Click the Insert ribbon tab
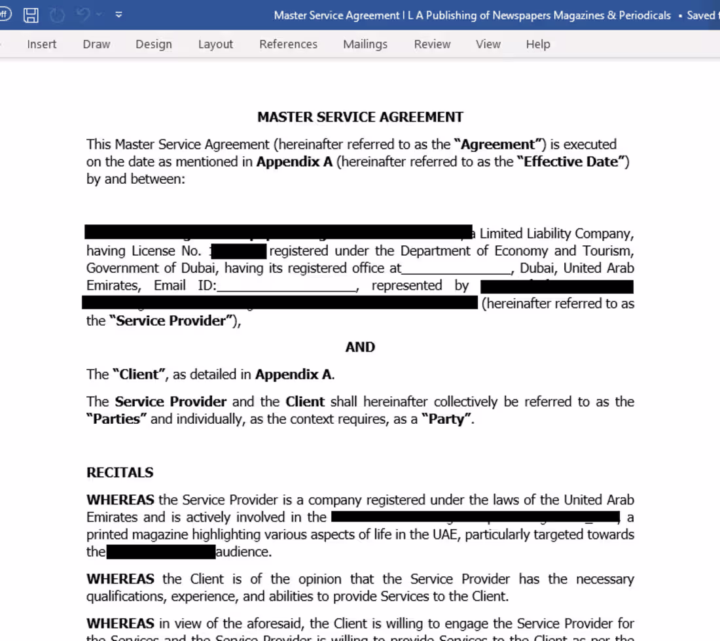[42, 44]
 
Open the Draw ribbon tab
[96, 44]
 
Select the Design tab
[154, 44]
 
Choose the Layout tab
[215, 44]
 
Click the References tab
[288, 44]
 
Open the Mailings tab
[365, 44]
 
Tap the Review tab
[432, 44]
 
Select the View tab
[488, 44]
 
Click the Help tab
[538, 44]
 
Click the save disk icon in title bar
[31, 14]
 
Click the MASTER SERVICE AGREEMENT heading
[360, 117]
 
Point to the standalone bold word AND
[360, 347]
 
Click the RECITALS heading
[120, 472]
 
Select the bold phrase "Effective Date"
[572, 162]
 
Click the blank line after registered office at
[456, 269]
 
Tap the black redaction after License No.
[238, 251]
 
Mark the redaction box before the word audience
[161, 552]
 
